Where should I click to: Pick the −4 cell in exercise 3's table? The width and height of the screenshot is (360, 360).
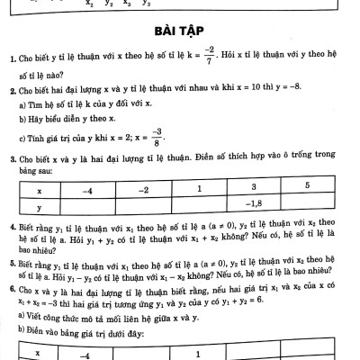click(x=86, y=190)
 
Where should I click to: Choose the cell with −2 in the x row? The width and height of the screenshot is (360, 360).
click(x=144, y=190)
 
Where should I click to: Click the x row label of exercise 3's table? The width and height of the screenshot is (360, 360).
click(x=39, y=190)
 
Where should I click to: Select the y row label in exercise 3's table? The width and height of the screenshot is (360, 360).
click(x=39, y=204)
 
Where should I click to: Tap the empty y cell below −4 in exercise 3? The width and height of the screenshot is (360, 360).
click(x=86, y=204)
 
